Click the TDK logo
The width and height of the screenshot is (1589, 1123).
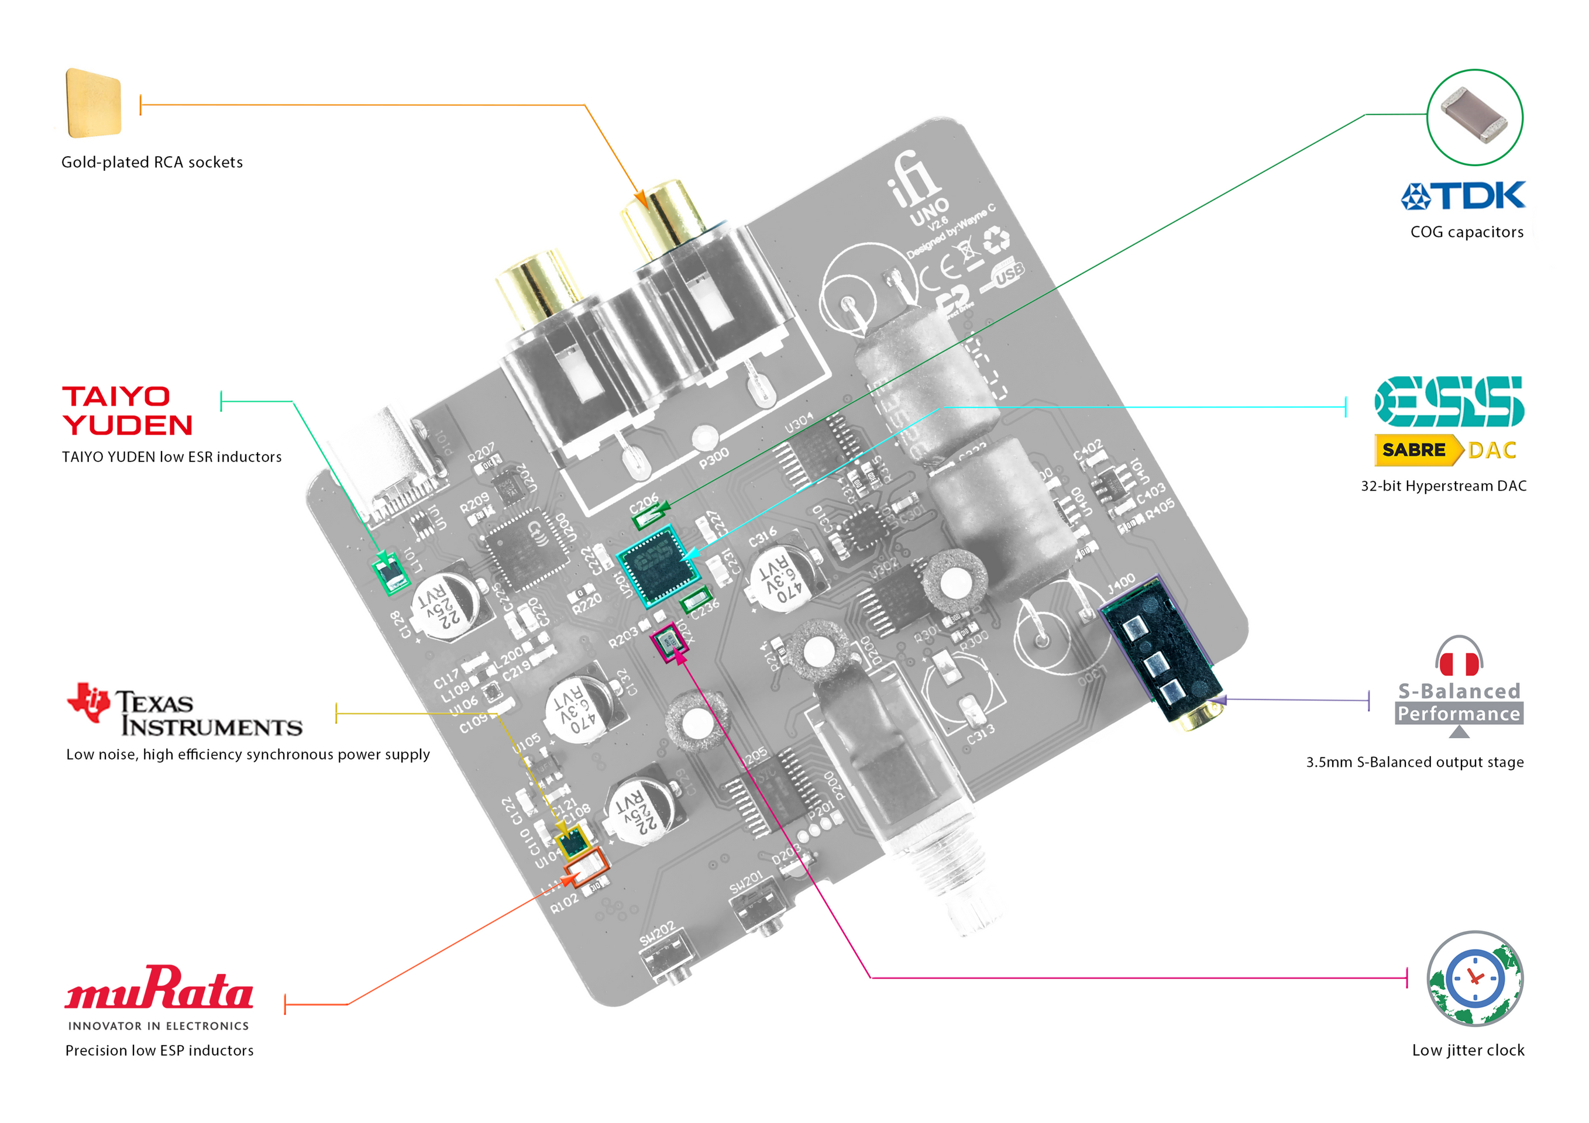coord(1463,195)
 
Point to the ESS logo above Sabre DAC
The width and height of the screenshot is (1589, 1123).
coord(1449,401)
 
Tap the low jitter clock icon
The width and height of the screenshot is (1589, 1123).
coord(1475,979)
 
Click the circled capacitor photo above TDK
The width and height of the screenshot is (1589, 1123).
coord(1474,117)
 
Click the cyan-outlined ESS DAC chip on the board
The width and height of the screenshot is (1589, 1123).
coord(658,566)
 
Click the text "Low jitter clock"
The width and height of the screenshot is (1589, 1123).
coord(1468,1050)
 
